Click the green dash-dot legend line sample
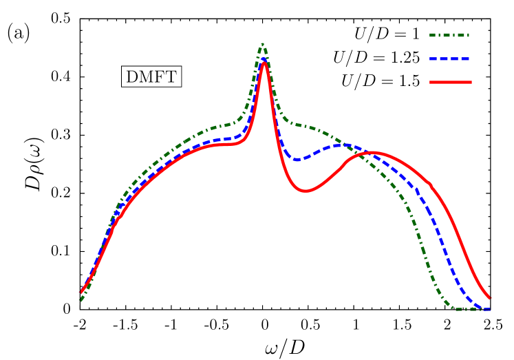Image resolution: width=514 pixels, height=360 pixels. click(x=449, y=35)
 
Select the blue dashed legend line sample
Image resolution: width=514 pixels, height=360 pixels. click(x=449, y=59)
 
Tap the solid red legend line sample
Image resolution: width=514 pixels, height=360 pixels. click(x=450, y=82)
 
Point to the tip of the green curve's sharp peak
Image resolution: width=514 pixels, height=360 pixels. click(x=262, y=45)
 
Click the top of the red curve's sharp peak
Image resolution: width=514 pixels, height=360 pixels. click(x=264, y=63)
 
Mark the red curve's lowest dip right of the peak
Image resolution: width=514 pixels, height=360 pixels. click(x=306, y=191)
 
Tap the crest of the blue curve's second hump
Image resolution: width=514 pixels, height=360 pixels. click(x=340, y=145)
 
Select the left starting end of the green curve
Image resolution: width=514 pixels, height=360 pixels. click(x=81, y=300)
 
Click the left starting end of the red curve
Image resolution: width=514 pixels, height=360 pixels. click(x=81, y=292)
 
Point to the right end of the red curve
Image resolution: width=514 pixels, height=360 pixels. click(x=490, y=298)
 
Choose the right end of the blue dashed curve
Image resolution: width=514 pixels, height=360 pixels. click(x=490, y=309)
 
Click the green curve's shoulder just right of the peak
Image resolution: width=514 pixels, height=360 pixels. click(x=292, y=124)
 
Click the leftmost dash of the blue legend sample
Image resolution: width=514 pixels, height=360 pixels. click(x=435, y=59)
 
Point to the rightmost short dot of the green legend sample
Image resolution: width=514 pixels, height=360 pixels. click(x=467, y=35)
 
